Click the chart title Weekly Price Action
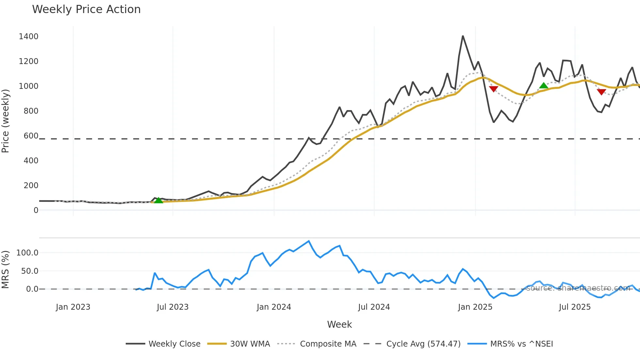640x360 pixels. tap(86, 9)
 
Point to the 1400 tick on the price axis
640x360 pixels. tap(29, 37)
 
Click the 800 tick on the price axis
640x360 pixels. tap(31, 111)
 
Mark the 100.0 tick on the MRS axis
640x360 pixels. tap(27, 253)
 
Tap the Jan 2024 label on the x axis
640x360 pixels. tap(274, 307)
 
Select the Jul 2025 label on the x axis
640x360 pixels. tap(575, 307)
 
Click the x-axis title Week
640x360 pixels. tap(339, 324)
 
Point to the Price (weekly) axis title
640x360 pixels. tap(6, 121)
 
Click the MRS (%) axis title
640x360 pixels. tap(6, 270)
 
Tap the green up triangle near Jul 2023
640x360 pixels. tap(158, 200)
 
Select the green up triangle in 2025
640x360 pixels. tap(544, 86)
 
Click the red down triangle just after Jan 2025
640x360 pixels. tap(493, 89)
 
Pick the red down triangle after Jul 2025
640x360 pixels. tap(601, 92)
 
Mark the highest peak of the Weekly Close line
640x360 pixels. tap(463, 36)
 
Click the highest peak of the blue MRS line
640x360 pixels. tap(309, 241)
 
